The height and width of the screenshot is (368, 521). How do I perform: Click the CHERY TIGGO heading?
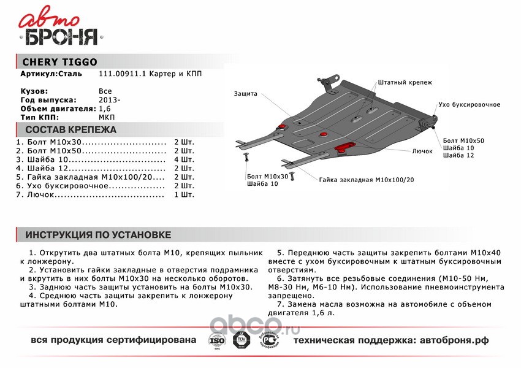pos(59,61)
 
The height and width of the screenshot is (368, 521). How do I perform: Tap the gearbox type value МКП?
pos(106,117)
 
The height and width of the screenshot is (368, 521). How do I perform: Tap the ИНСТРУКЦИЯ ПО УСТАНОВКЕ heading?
pos(98,235)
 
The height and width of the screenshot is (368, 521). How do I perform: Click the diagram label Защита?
pos(245,94)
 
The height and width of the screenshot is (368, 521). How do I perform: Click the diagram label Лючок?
pos(422,150)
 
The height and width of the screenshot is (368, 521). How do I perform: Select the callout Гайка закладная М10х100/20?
pos(366,180)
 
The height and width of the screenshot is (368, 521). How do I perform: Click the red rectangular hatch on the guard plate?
pos(347,144)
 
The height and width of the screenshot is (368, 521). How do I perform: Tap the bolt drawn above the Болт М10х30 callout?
pos(246,158)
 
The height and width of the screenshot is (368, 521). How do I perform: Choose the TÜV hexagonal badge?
pos(240,339)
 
